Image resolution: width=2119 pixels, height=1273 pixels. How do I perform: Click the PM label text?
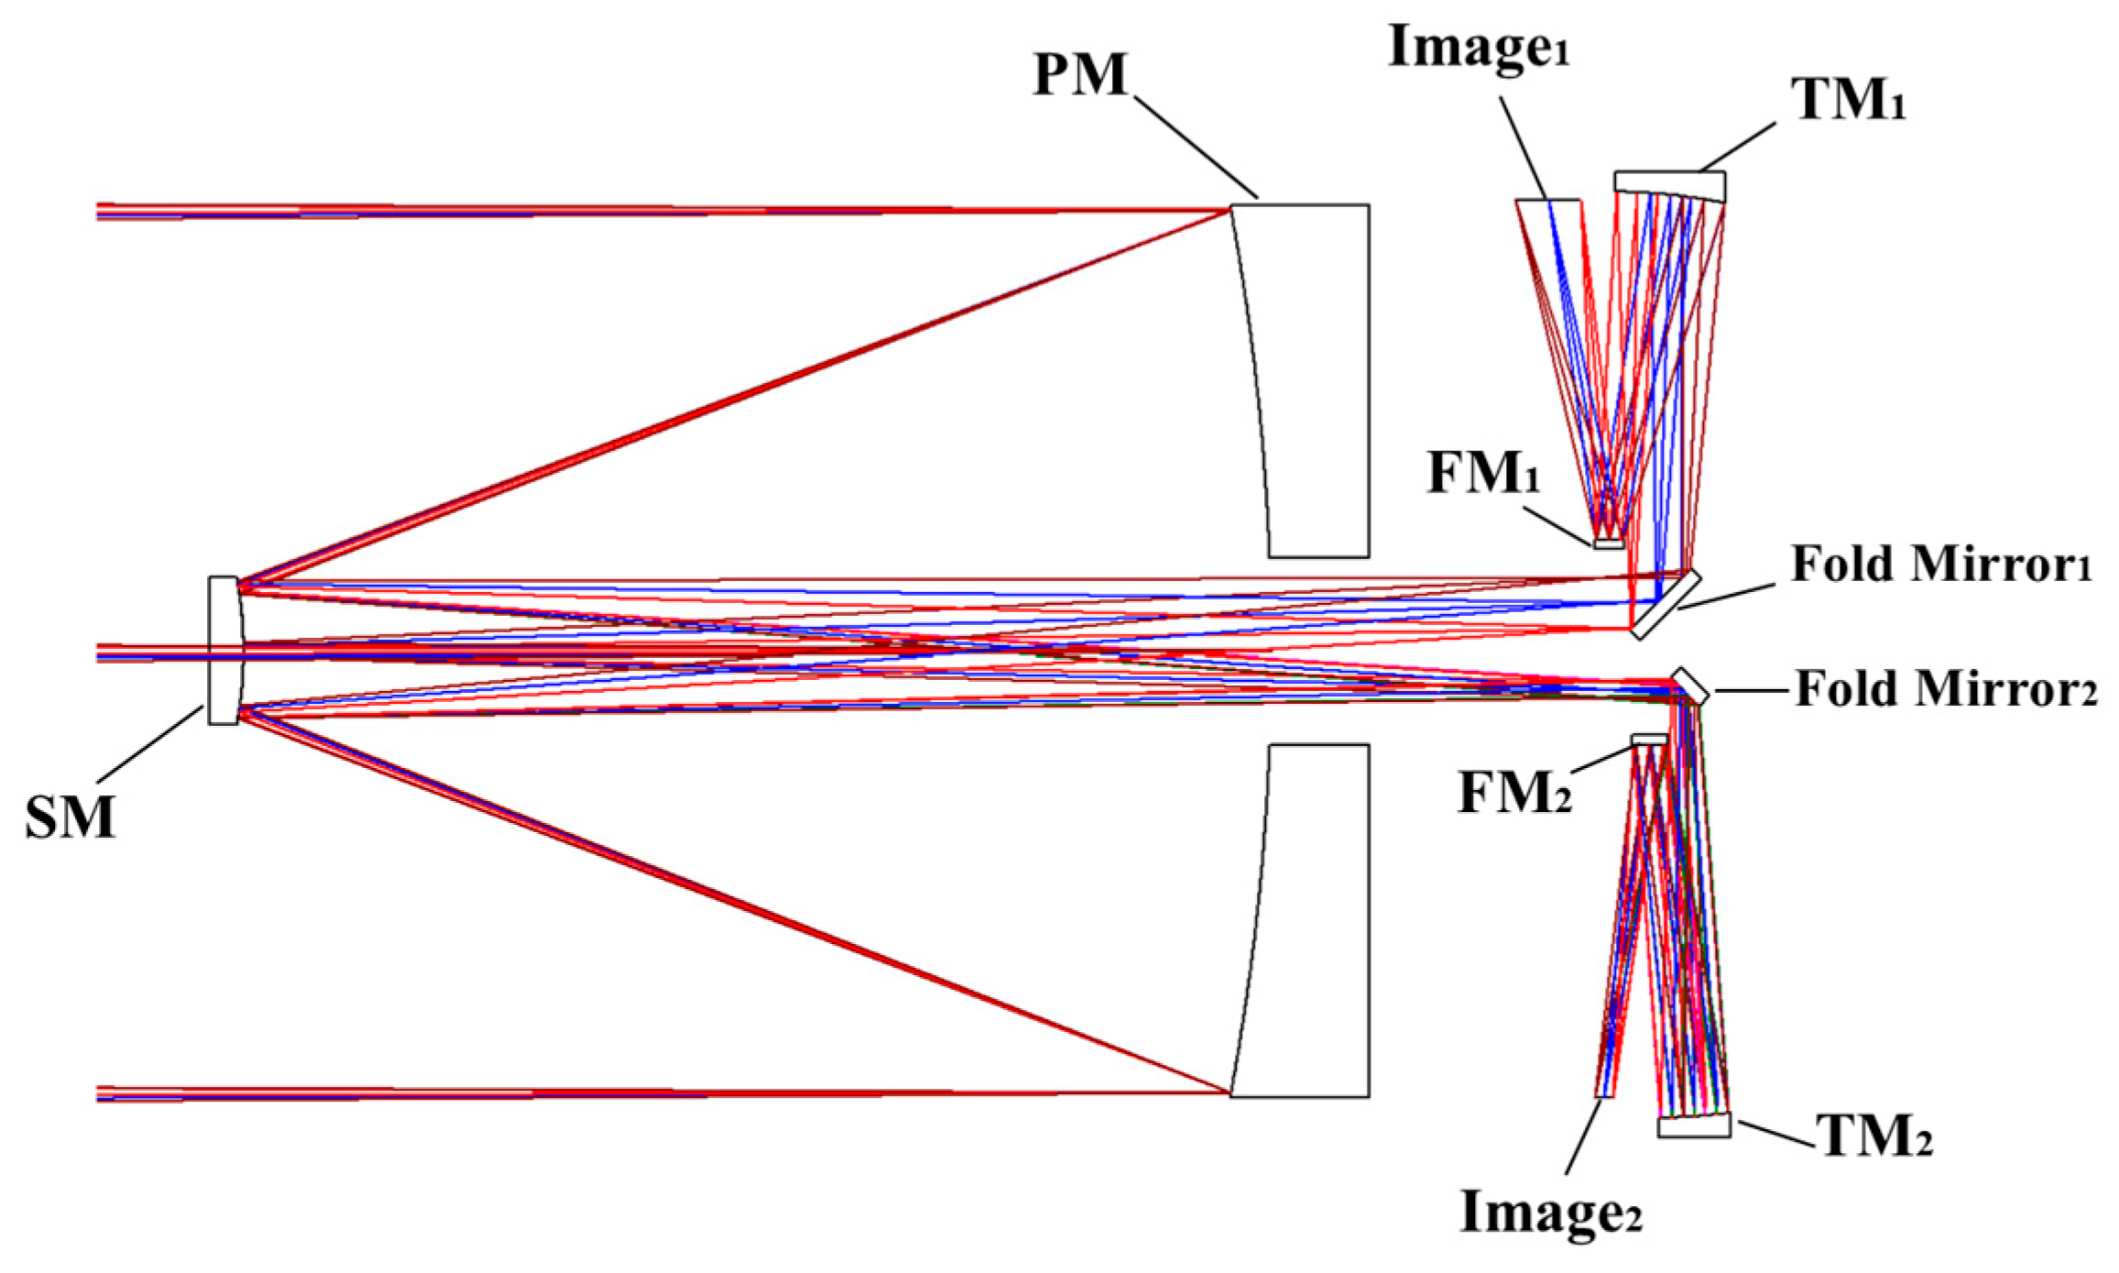[x=1080, y=74]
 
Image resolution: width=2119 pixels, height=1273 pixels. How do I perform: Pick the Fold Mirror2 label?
[x=1945, y=689]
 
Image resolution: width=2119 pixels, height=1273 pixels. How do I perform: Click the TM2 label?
[x=1874, y=1138]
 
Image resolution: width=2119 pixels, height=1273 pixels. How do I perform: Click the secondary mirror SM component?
[x=223, y=651]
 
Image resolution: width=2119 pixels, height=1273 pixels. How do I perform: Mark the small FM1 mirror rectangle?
[x=1608, y=544]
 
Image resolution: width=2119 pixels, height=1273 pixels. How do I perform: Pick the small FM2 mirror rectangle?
[x=1649, y=739]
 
